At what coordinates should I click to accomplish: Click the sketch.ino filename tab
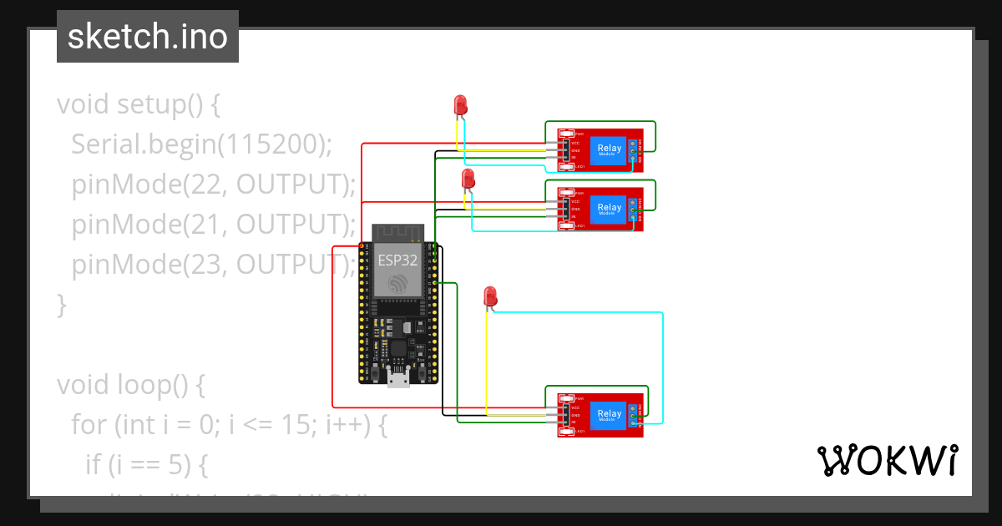[x=148, y=37]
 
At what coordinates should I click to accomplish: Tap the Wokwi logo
[x=887, y=461]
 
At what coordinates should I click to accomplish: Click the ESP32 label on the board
[x=397, y=259]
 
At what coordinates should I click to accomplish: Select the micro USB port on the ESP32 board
[x=398, y=380]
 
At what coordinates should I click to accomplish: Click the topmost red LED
[x=460, y=104]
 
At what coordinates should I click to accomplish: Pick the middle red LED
[x=468, y=178]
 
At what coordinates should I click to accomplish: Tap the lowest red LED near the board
[x=490, y=296]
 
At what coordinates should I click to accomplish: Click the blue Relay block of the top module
[x=609, y=150]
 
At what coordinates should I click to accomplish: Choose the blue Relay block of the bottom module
[x=609, y=414]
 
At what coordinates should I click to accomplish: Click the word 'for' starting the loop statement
[x=89, y=425]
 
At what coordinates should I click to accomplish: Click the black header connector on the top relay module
[x=565, y=150]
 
